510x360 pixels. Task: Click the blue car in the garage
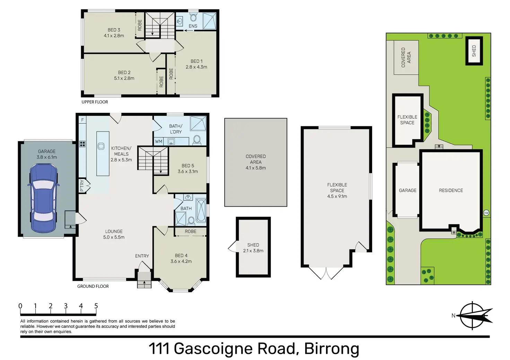click(44, 198)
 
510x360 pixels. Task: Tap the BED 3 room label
click(114, 30)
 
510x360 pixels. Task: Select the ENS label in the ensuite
click(193, 26)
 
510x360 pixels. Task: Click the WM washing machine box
click(159, 142)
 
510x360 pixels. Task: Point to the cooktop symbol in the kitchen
click(82, 144)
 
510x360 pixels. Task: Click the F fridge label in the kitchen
click(82, 120)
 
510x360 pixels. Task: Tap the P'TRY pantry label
click(82, 186)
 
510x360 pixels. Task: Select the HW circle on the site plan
click(486, 213)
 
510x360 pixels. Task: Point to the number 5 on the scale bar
click(96, 306)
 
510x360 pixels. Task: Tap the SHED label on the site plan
click(474, 51)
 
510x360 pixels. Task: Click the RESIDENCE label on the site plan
click(451, 190)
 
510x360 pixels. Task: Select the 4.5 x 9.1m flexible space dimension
click(337, 196)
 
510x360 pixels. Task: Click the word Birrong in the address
click(332, 349)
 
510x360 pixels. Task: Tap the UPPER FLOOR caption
click(95, 102)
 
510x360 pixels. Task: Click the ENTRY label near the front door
click(142, 256)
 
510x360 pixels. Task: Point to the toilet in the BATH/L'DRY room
click(197, 140)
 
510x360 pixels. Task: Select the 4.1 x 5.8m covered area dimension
click(256, 168)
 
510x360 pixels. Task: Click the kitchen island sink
click(101, 146)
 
